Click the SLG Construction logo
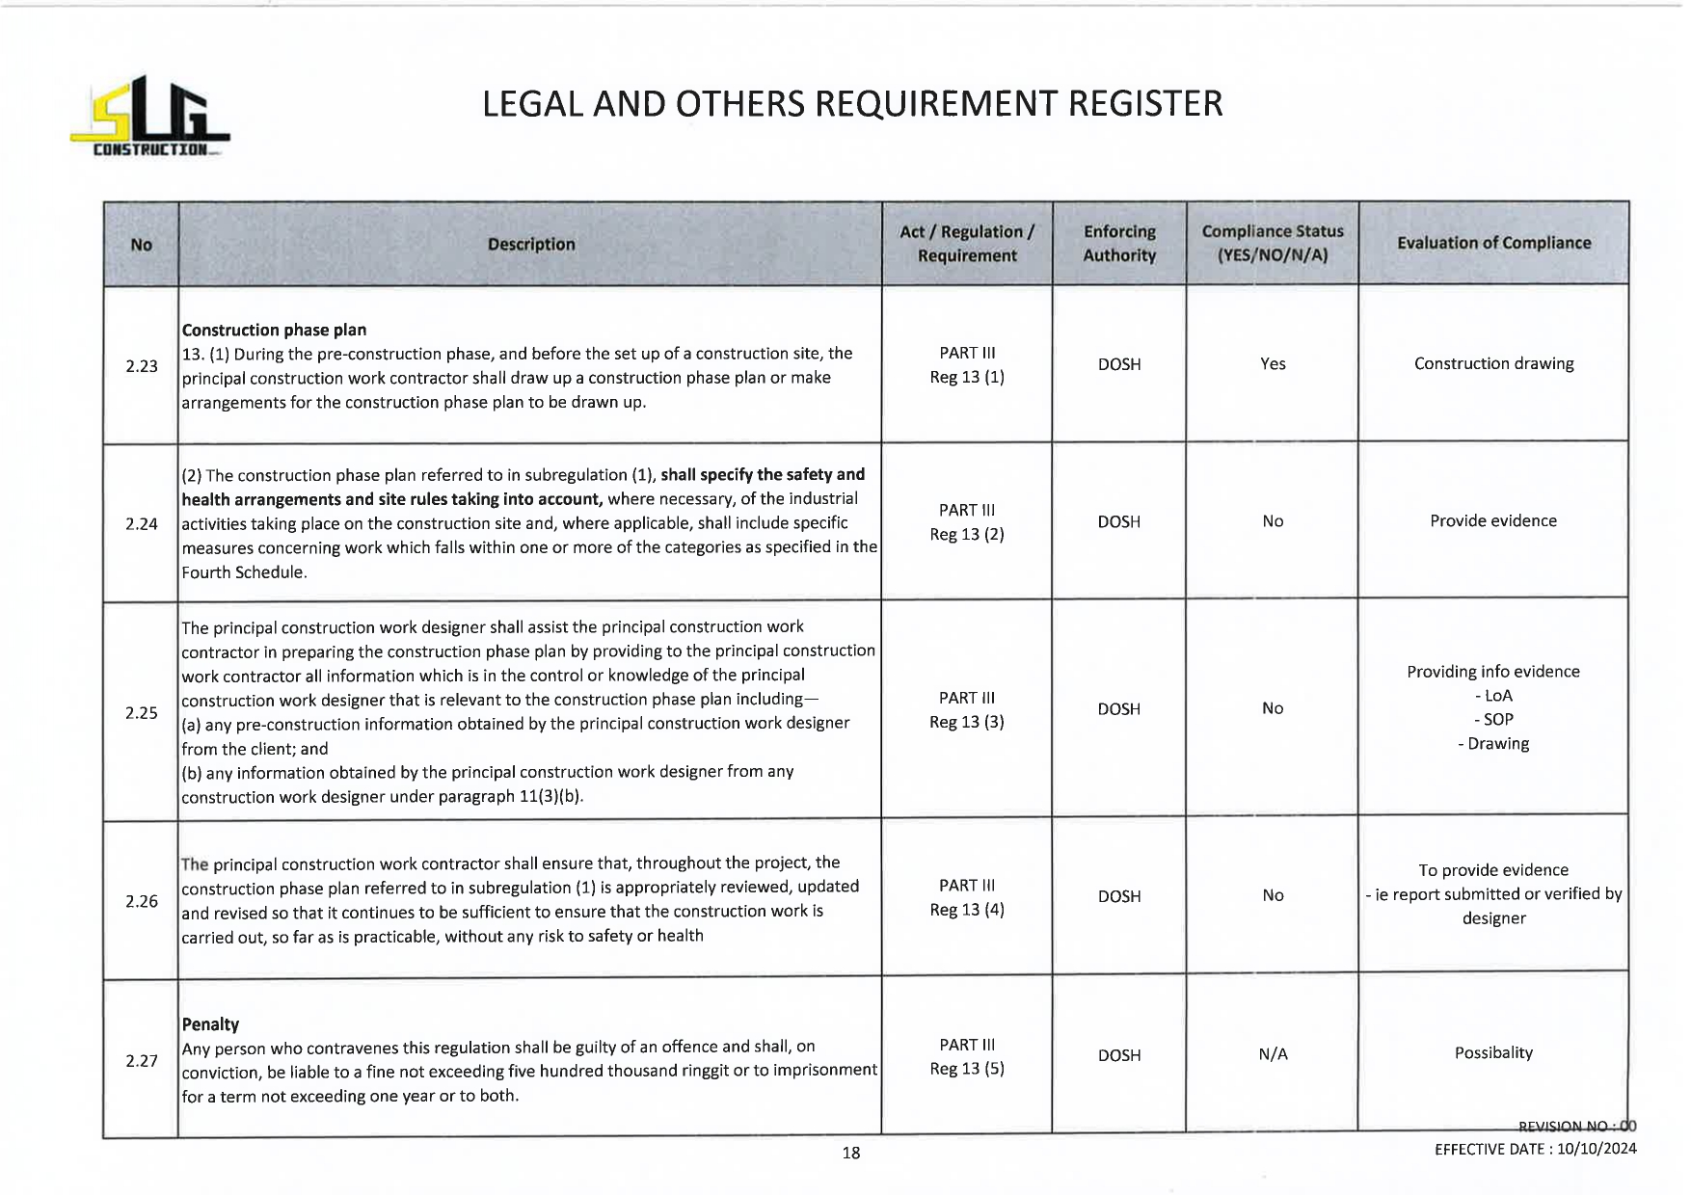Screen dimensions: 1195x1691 tap(149, 117)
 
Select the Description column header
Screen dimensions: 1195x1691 tap(531, 245)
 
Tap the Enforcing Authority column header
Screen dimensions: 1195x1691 tap(1118, 244)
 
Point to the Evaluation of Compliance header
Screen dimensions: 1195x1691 tap(1493, 243)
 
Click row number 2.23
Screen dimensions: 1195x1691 tap(142, 366)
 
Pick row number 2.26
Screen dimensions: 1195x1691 tap(142, 901)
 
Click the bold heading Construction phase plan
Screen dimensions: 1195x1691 tap(274, 330)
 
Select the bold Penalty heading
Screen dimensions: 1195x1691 tap(210, 1024)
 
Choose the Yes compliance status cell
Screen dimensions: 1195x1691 tap(1273, 364)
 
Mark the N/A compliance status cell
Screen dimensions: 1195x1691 tap(1273, 1054)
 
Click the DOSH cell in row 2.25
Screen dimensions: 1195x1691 tap(1118, 709)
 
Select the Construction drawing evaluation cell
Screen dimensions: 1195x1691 tap(1493, 363)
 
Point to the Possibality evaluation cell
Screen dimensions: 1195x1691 tap(1493, 1052)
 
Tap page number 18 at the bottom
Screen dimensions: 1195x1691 tap(850, 1153)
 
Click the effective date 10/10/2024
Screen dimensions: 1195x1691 tap(1597, 1149)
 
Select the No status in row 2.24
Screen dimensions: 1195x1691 tap(1273, 521)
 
